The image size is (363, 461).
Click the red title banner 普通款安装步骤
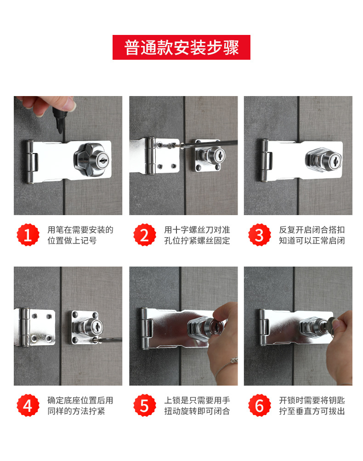(x=181, y=47)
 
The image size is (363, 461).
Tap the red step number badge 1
(x=28, y=235)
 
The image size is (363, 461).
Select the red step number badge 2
(x=145, y=235)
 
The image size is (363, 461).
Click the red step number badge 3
(x=260, y=235)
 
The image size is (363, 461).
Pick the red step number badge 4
(x=28, y=405)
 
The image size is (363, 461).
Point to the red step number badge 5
(x=145, y=405)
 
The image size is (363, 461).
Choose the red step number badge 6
(x=260, y=405)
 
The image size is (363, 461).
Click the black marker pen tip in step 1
(x=60, y=129)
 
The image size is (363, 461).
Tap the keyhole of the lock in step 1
(x=103, y=160)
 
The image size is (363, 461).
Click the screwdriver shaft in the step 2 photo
(x=209, y=143)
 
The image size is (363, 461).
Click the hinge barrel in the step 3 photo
(x=264, y=160)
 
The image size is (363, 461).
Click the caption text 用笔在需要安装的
(x=80, y=230)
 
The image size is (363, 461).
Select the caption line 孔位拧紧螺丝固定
(x=197, y=240)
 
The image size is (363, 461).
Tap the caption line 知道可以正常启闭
(x=312, y=240)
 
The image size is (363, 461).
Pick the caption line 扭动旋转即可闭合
(x=197, y=411)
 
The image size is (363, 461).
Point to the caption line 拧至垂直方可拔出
(x=312, y=411)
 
